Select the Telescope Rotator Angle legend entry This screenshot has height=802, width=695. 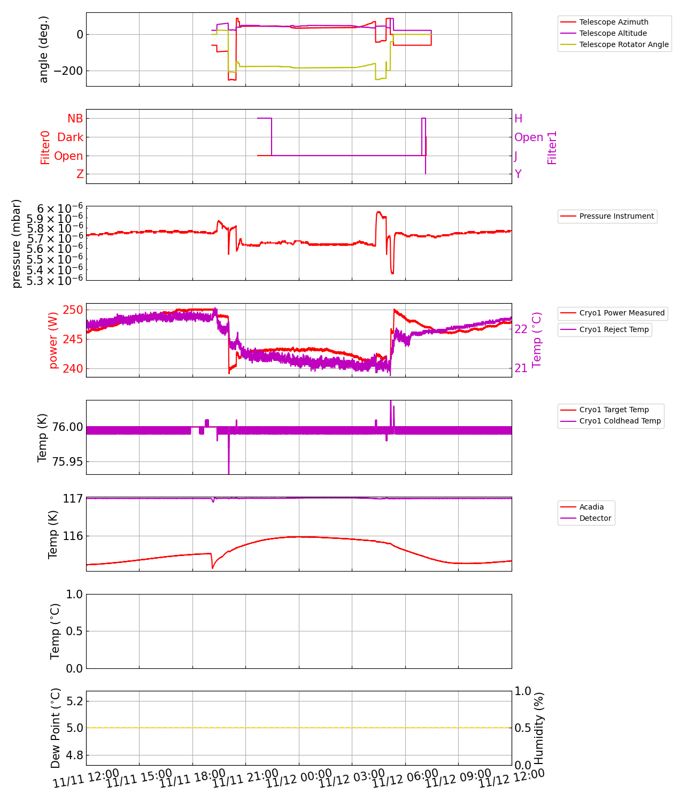pos(623,44)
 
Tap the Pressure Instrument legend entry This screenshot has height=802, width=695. pos(616,216)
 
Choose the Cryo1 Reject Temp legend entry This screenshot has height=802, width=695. pos(614,329)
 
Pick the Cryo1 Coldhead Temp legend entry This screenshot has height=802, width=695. pos(620,421)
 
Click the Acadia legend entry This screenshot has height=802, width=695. pos(591,507)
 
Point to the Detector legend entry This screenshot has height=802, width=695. pos(595,518)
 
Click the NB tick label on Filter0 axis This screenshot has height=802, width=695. pos(75,119)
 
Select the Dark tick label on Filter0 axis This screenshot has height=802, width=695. pos(70,137)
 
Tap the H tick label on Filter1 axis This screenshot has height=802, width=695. pos(518,119)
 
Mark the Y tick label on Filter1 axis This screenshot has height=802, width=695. pos(518,174)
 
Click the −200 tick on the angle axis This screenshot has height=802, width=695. pos(69,71)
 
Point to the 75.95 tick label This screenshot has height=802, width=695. pos(67,462)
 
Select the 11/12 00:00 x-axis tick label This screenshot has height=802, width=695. pos(298,779)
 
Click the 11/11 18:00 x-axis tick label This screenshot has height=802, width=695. pos(192,779)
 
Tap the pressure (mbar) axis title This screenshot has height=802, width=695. pos(17,243)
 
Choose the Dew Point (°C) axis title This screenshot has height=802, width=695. pos(56,728)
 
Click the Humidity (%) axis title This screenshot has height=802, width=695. pos(539,728)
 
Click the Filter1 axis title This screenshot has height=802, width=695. pos(552,147)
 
